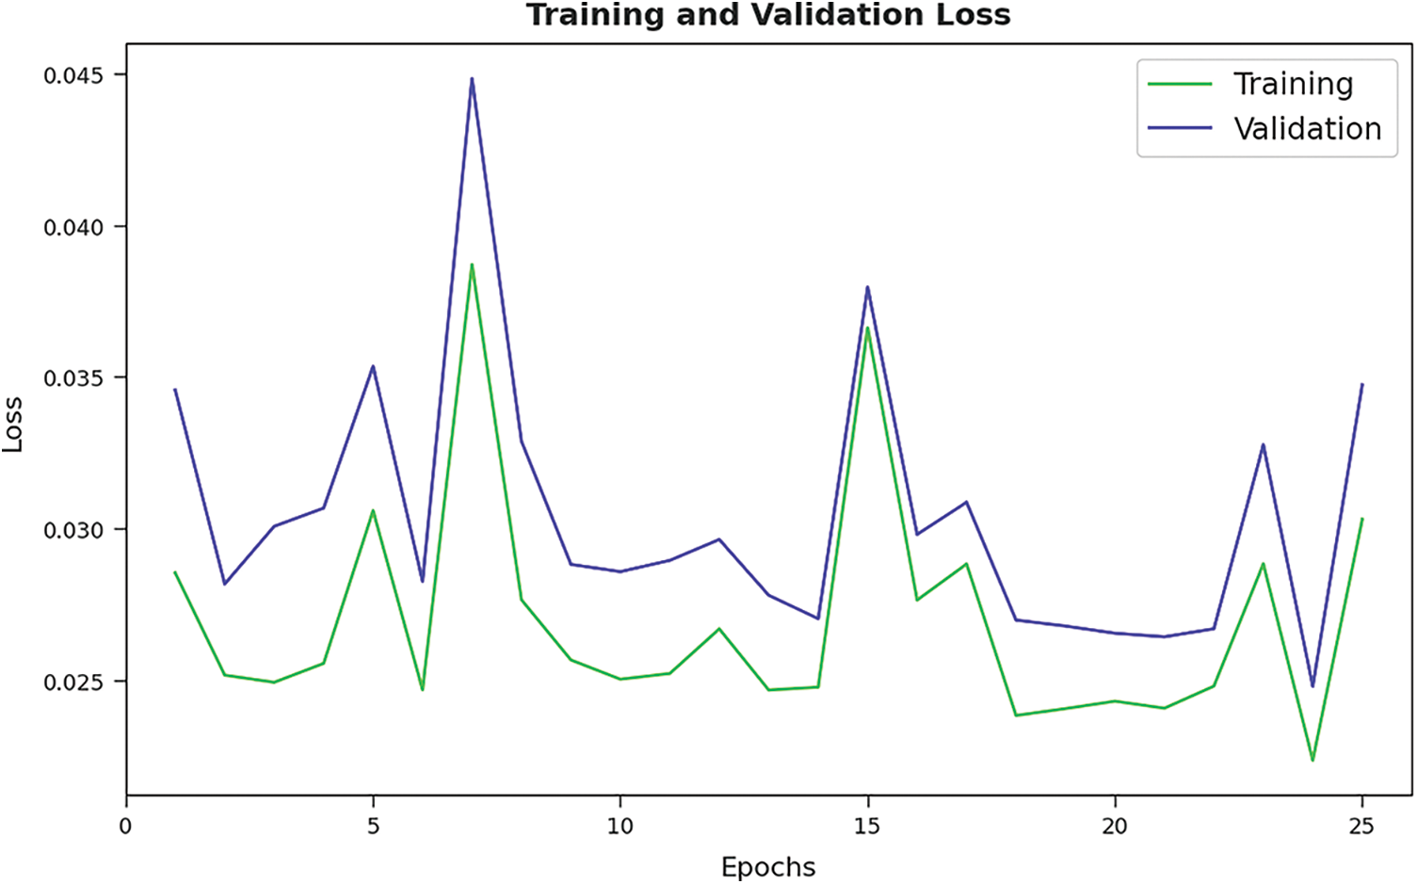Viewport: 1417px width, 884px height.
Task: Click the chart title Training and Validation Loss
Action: tap(768, 15)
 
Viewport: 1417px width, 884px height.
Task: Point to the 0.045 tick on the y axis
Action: tap(73, 75)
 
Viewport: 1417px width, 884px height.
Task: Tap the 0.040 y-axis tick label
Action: tap(73, 227)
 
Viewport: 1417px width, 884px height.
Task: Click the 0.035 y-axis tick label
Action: tap(73, 378)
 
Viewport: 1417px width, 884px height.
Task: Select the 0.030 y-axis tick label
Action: tap(73, 530)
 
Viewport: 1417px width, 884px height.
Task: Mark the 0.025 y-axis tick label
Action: tap(73, 682)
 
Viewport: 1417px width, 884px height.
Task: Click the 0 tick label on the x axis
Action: tap(126, 827)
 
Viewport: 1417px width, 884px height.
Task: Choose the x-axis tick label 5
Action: tap(374, 827)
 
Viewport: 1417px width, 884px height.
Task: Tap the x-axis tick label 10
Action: tap(620, 827)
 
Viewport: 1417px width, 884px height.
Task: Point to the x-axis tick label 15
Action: tap(867, 827)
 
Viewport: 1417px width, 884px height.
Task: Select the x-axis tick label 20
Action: tap(1115, 827)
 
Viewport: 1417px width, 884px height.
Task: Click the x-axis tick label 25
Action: tap(1361, 827)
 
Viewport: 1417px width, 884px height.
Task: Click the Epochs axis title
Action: tap(768, 866)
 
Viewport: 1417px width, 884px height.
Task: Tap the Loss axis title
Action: tap(13, 425)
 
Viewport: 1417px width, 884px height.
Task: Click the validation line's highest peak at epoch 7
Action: tap(472, 79)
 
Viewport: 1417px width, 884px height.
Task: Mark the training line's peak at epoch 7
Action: tap(472, 265)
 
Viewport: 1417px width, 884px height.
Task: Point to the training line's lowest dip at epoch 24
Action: tap(1312, 759)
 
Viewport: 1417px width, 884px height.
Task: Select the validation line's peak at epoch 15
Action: tap(867, 287)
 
